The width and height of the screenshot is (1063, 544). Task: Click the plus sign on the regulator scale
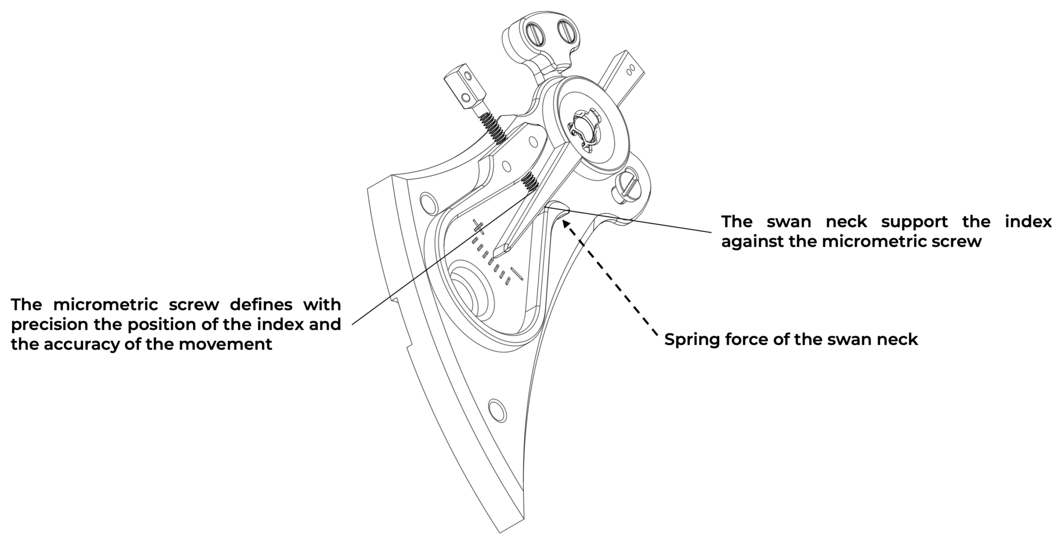[x=479, y=225]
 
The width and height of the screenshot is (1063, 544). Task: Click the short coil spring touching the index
[x=530, y=181]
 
